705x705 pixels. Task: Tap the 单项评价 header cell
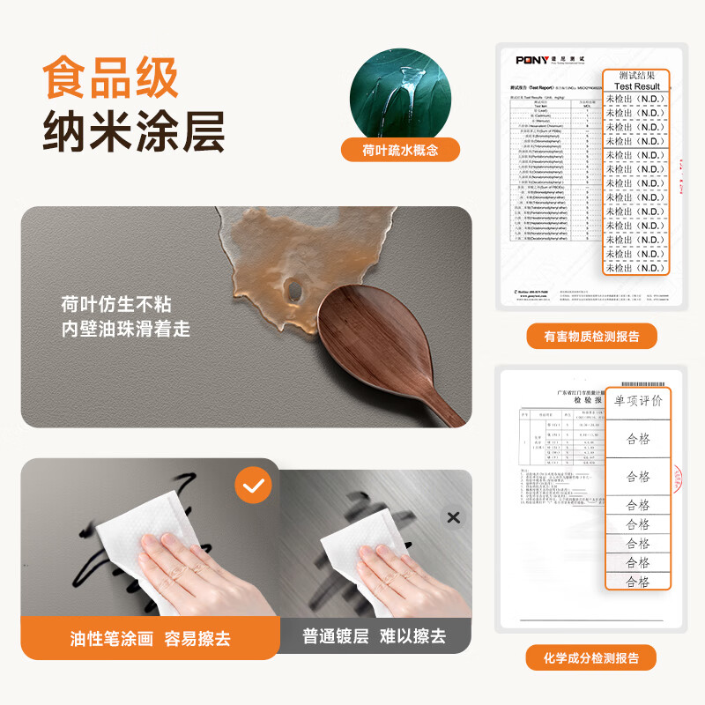tap(638, 401)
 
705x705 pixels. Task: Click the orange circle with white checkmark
tap(253, 486)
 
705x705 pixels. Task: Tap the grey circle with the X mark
tap(453, 517)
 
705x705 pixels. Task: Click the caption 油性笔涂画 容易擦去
tap(150, 638)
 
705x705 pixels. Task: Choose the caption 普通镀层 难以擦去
tap(374, 636)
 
